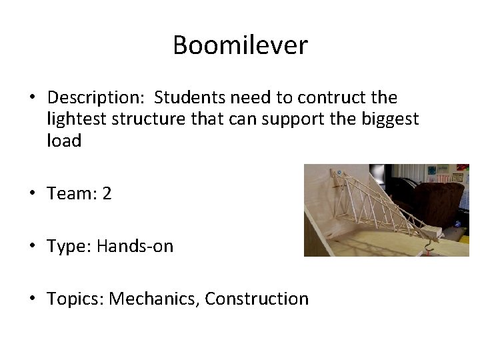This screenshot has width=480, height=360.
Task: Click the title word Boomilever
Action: click(x=240, y=45)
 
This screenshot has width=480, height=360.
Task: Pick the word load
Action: click(x=64, y=141)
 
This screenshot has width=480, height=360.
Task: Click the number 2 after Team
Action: click(x=107, y=194)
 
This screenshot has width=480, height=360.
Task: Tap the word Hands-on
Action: click(x=135, y=246)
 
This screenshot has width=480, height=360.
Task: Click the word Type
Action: click(x=68, y=246)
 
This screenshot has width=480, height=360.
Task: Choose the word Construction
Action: click(x=257, y=299)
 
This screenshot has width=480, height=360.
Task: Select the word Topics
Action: click(x=73, y=299)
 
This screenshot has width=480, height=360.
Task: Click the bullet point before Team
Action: click(x=32, y=194)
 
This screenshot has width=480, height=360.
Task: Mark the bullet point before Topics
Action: click(x=32, y=299)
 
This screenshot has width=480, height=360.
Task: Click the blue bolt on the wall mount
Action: click(x=339, y=172)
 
